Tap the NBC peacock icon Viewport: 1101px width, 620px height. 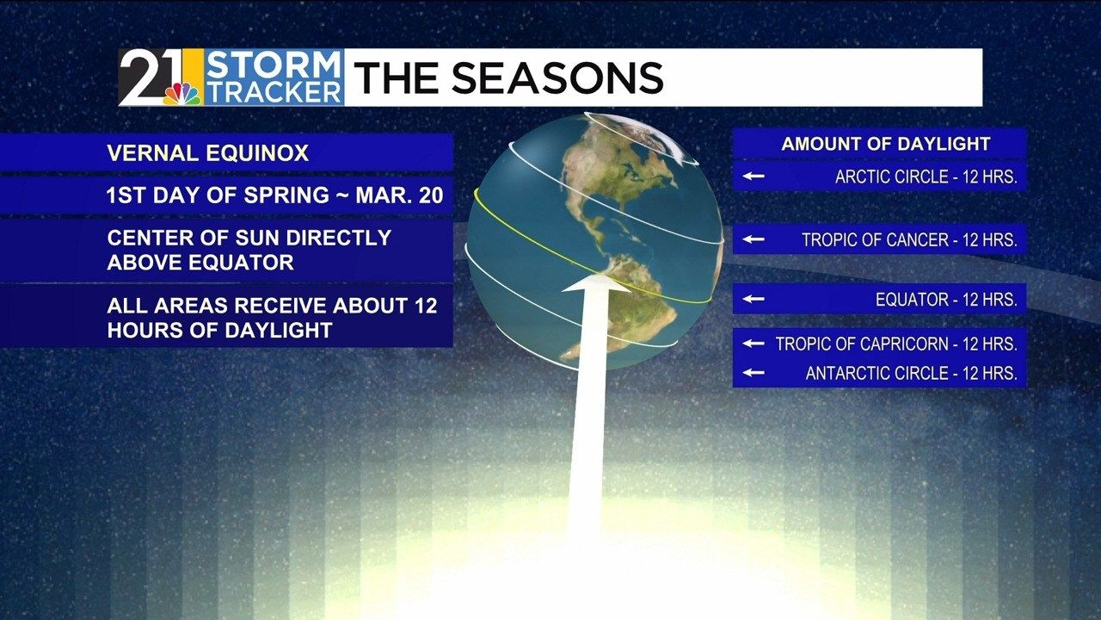(181, 92)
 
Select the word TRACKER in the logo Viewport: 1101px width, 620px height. (274, 92)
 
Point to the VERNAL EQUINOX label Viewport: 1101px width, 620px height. (207, 153)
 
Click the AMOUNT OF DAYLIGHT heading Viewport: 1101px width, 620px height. (885, 144)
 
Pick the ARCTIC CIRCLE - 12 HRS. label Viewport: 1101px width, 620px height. (926, 177)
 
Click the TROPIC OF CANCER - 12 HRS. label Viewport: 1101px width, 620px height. (909, 240)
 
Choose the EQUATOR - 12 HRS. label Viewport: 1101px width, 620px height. (946, 300)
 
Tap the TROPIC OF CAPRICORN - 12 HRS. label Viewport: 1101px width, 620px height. (895, 344)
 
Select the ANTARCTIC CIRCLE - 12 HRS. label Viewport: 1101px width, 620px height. (911, 374)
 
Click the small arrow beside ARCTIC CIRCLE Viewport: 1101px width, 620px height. (754, 177)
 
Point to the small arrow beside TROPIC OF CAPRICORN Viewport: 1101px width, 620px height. (754, 344)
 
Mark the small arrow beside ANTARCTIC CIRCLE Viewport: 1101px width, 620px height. (754, 373)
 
